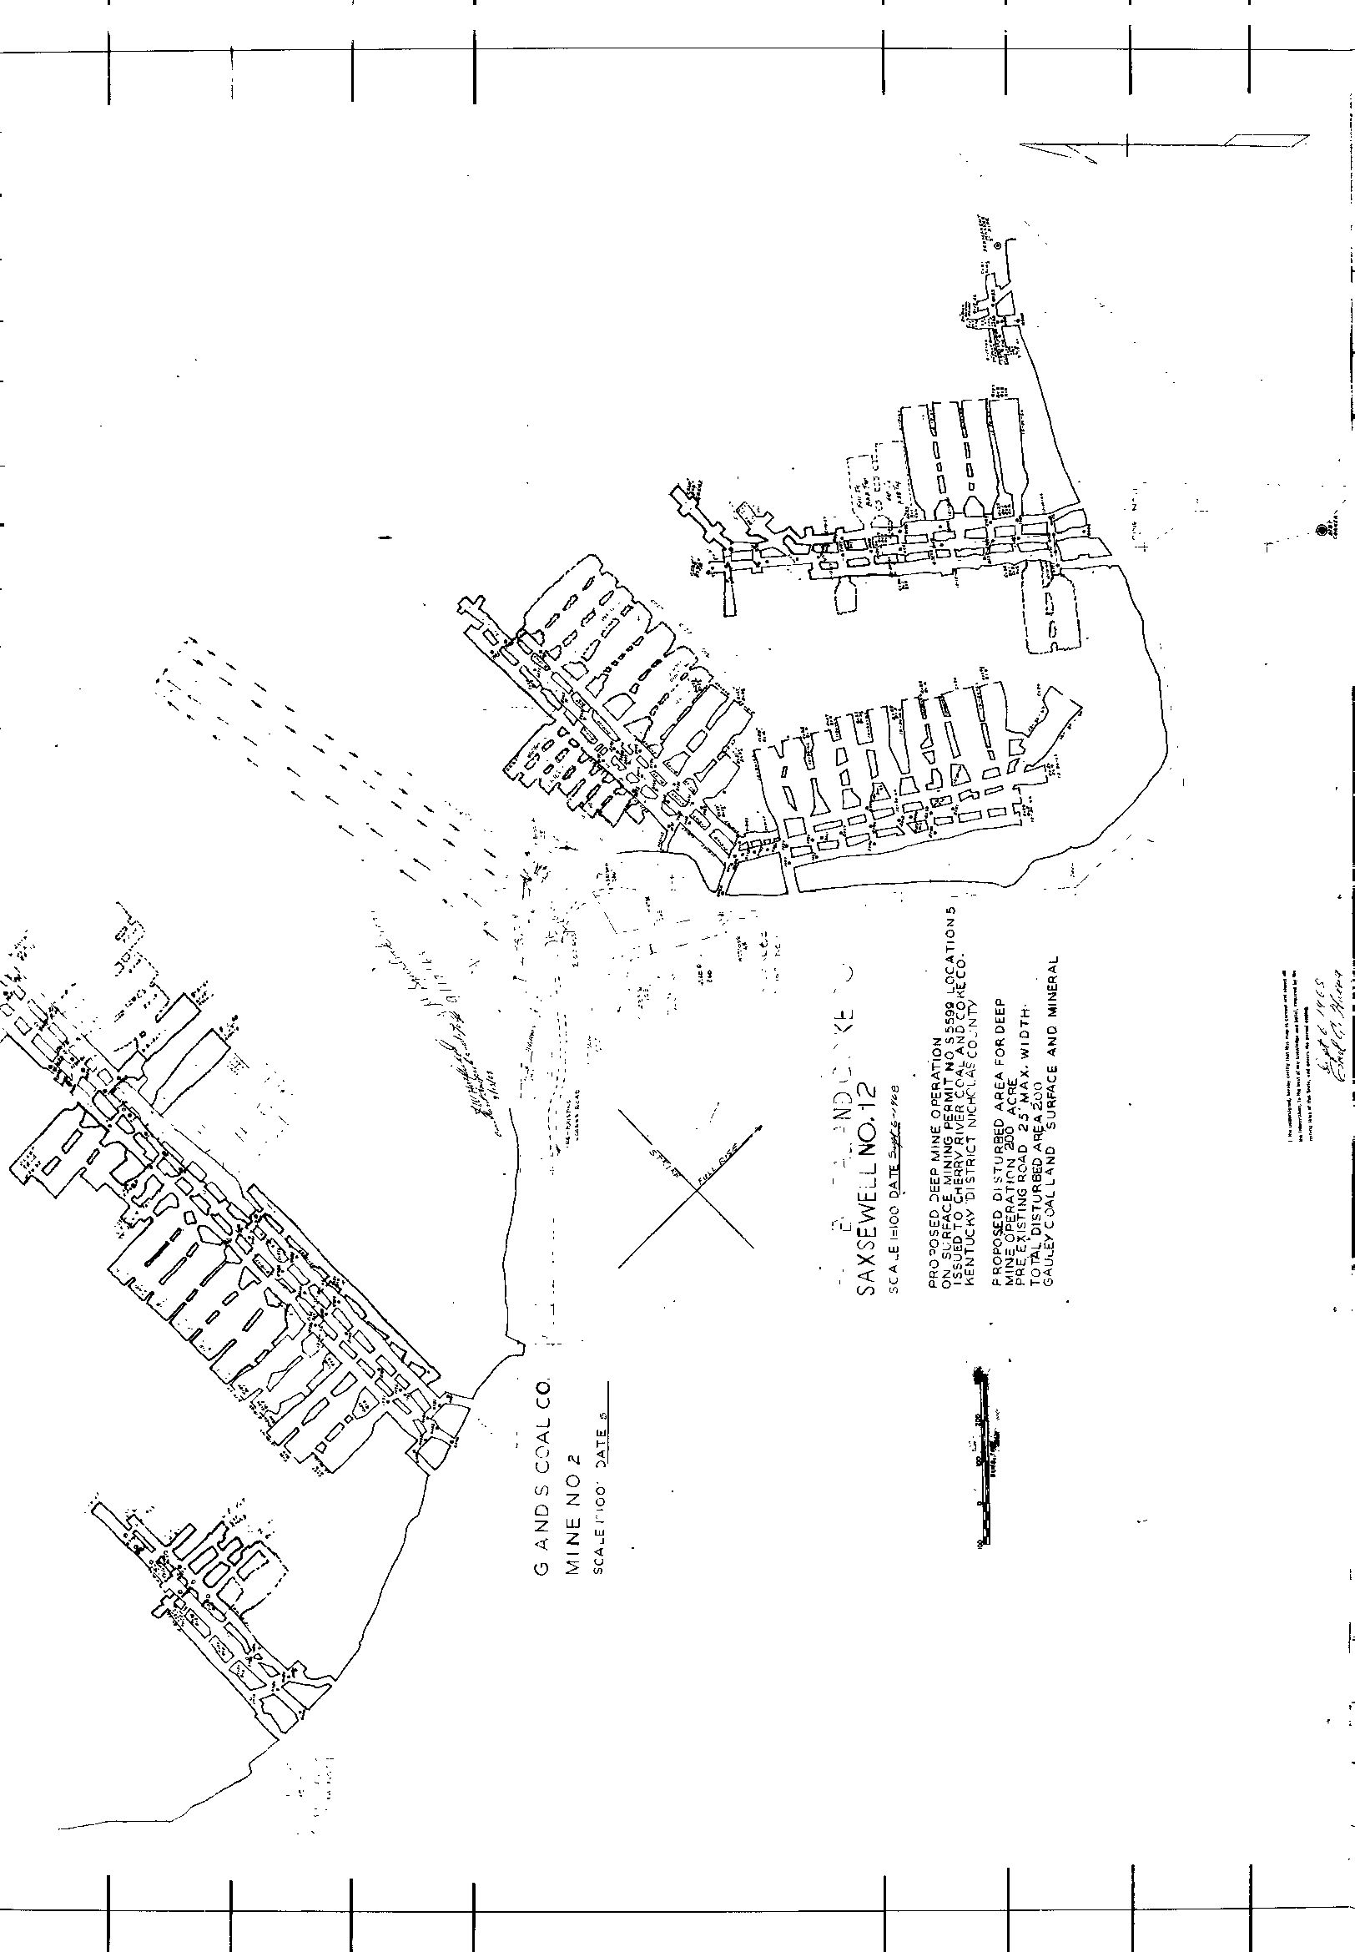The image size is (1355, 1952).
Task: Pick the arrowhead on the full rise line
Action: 758,1127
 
